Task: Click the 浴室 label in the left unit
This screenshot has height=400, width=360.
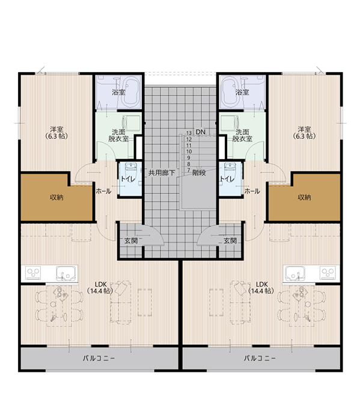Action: tap(118, 92)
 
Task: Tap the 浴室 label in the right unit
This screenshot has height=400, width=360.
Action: tap(242, 92)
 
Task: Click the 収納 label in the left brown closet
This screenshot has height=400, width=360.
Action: tap(57, 197)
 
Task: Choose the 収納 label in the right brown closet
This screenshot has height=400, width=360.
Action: tap(304, 197)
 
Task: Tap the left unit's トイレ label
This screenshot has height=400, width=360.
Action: tap(127, 178)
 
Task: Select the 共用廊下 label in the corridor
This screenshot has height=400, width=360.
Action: tap(162, 173)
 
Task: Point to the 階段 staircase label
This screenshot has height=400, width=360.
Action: tap(200, 173)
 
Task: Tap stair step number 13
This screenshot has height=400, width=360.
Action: tap(189, 132)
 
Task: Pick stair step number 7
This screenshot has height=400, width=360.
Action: tap(189, 171)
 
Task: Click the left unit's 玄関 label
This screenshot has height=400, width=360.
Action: tap(130, 240)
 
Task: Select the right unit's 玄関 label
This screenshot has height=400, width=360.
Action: tap(230, 240)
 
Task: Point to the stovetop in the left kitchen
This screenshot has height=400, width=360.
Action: tap(34, 273)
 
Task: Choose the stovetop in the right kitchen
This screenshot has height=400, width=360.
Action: tap(326, 273)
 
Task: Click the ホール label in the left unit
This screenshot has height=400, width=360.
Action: tap(103, 191)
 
